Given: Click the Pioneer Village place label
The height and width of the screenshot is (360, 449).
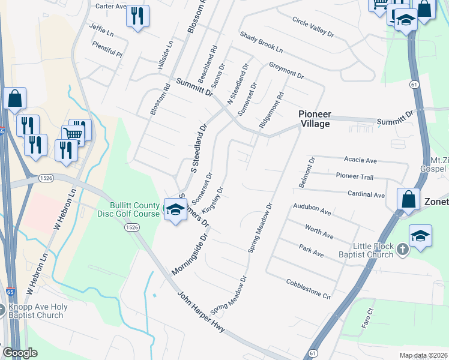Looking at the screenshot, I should click(315, 119).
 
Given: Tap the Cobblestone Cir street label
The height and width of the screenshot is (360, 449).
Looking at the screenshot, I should click(309, 289).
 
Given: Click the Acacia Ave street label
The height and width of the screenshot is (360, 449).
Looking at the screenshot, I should click(360, 161).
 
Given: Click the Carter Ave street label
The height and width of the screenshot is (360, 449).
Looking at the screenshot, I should click(112, 7).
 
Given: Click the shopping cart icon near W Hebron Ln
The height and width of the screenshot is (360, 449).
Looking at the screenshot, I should click(73, 134).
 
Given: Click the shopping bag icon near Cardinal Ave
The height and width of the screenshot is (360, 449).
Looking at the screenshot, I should click(408, 200).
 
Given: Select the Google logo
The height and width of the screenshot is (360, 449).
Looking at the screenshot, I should click(20, 353).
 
